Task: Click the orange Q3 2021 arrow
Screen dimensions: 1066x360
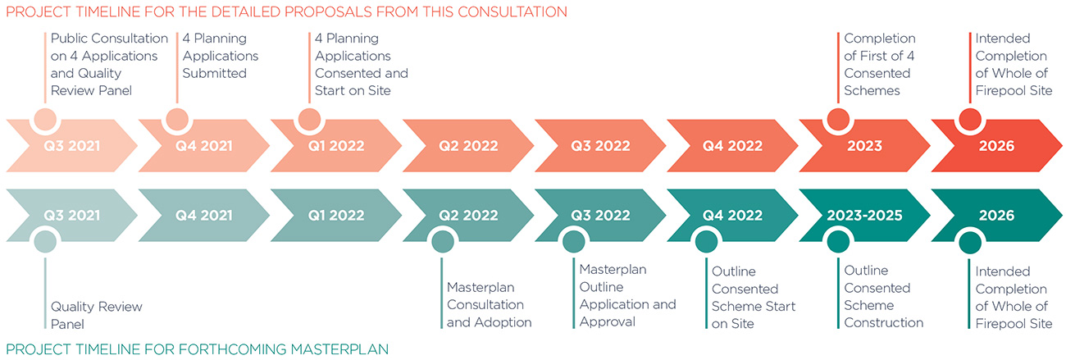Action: pyautogui.click(x=71, y=146)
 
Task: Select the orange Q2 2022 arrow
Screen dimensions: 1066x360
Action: pyautogui.click(x=468, y=146)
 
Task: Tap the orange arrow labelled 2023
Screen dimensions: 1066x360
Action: pyautogui.click(x=864, y=146)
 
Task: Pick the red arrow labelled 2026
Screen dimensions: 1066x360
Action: pyautogui.click(x=996, y=146)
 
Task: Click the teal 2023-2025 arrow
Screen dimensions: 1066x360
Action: pyautogui.click(x=864, y=215)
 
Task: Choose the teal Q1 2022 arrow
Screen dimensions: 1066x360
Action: pyautogui.click(x=336, y=215)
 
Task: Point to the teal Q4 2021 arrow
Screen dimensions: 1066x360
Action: pyautogui.click(x=203, y=215)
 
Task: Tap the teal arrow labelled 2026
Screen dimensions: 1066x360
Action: pyautogui.click(x=996, y=215)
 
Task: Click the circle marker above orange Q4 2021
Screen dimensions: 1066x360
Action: pyautogui.click(x=177, y=119)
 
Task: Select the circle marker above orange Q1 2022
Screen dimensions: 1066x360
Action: pyautogui.click(x=309, y=119)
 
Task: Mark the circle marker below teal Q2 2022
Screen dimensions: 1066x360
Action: pyautogui.click(x=443, y=242)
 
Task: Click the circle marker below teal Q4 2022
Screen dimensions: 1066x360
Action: pyautogui.click(x=706, y=242)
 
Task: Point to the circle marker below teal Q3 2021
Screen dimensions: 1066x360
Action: pyautogui.click(x=45, y=242)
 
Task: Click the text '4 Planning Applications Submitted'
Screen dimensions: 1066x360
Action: pyautogui.click(x=221, y=56)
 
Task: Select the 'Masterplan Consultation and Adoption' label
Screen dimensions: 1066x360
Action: pyautogui.click(x=490, y=305)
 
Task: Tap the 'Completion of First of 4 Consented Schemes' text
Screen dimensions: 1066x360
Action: pyautogui.click(x=879, y=64)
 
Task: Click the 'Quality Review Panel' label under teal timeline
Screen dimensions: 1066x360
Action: pyautogui.click(x=97, y=315)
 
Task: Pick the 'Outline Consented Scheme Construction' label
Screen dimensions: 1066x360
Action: pyautogui.click(x=884, y=296)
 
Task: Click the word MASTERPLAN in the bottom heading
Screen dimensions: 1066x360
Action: pyautogui.click(x=339, y=349)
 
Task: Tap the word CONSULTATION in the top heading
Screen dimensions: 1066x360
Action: pyautogui.click(x=512, y=11)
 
